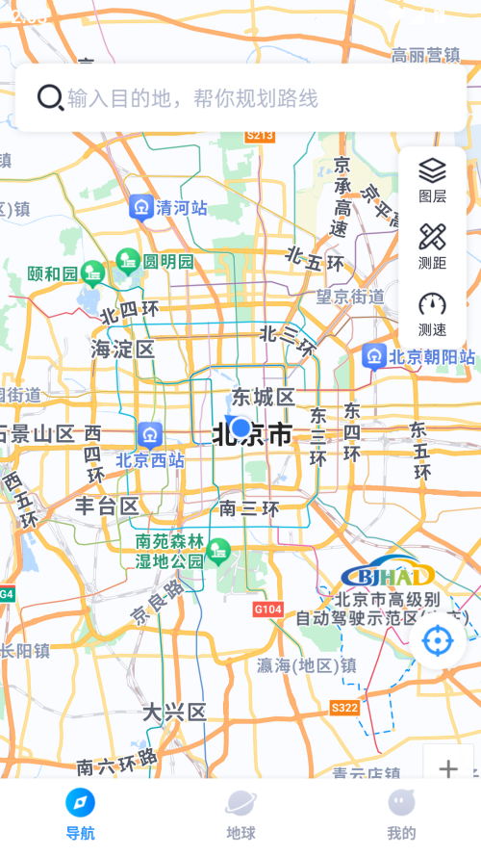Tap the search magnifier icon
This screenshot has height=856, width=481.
coord(50,97)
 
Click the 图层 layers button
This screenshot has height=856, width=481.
coord(432,179)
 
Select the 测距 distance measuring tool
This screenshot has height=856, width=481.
coord(432,246)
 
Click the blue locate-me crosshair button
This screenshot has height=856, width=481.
coord(438,640)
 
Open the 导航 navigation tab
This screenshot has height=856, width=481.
coord(80,814)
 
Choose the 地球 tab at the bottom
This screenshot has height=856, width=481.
coord(240,814)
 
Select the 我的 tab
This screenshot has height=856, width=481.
coord(401,814)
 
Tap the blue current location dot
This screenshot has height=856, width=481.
coord(240,428)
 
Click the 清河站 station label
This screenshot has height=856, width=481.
coord(182,207)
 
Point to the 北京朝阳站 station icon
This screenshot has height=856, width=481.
coord(374,357)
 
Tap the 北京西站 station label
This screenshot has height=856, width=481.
coord(150,460)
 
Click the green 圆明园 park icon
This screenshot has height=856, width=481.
coord(127,260)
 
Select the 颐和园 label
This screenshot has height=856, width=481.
coord(52,274)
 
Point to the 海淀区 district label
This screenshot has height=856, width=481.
coord(122,349)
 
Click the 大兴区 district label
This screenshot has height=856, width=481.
coord(174,713)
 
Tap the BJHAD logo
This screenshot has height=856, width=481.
coord(388,576)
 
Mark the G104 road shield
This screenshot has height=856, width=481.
coord(268,610)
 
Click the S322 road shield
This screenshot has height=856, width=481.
coord(344,708)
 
